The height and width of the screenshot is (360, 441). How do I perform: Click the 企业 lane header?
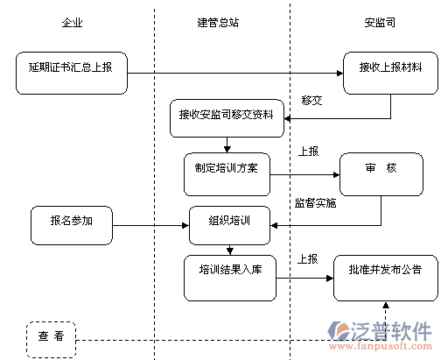72,23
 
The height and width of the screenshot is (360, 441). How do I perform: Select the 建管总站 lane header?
218,23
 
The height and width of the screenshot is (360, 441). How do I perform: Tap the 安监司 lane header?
380,23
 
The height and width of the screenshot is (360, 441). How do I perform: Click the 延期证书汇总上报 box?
72,73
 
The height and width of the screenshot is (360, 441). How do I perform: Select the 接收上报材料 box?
390,73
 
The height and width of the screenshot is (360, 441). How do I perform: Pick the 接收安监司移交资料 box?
227,118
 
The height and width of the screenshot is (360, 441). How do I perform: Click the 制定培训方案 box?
227,174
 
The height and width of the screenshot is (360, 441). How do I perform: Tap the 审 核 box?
381,174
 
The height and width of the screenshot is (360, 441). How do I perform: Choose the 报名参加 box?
72,225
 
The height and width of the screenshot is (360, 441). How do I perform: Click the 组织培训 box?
229,225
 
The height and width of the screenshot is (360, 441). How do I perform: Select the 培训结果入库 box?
230,278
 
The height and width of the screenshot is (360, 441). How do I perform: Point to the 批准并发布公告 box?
386,278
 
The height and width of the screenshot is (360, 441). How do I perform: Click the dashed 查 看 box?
51,340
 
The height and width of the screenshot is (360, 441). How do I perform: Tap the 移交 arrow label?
311,101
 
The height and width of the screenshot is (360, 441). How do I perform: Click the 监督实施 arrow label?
315,203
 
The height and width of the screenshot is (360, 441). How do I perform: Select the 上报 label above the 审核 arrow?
308,152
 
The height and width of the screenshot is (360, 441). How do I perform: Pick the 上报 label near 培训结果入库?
307,259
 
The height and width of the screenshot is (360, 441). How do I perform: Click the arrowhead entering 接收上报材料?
340,73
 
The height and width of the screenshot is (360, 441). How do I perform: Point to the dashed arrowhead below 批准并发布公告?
386,305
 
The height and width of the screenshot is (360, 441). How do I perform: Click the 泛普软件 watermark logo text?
391,331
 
